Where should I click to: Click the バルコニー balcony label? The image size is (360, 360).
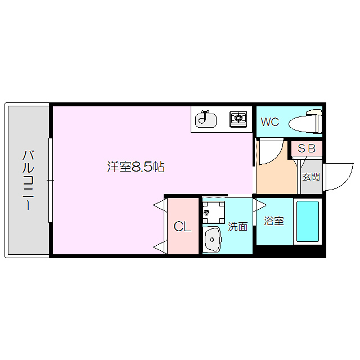click(28, 179)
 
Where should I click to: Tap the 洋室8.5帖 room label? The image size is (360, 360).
click(136, 167)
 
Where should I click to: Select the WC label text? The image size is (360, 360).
click(269, 121)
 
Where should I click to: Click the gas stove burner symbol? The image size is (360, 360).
click(238, 118)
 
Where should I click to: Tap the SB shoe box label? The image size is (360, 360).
click(307, 148)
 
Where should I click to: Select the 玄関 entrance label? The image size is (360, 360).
click(310, 177)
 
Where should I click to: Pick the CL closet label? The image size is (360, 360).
click(182, 227)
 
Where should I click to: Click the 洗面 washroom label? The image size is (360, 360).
click(238, 227)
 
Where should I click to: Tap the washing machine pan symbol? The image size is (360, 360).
click(213, 212)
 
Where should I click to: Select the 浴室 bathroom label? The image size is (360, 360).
click(274, 221)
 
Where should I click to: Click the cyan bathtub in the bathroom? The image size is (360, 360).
click(307, 220)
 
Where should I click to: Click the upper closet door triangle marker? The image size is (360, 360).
click(159, 206)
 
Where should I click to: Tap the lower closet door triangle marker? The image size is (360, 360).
click(159, 246)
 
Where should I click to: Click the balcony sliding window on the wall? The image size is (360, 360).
click(51, 180)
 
